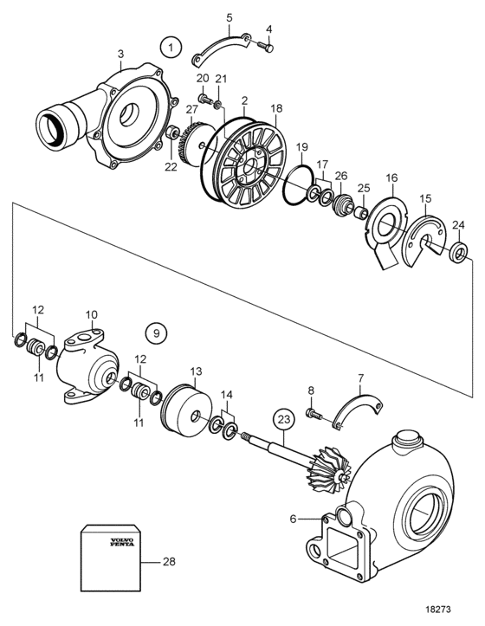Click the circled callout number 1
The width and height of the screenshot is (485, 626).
[171, 48]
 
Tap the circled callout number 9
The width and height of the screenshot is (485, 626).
[156, 332]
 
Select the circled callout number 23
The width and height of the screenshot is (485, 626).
[284, 420]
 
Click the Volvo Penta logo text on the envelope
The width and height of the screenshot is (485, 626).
[122, 542]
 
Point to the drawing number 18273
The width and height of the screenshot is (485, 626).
[438, 610]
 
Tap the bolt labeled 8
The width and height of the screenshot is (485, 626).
[314, 414]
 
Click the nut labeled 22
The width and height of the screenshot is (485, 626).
[172, 132]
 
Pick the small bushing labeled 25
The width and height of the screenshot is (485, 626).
[361, 212]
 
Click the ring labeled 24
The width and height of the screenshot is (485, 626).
[460, 252]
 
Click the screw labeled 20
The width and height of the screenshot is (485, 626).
[204, 98]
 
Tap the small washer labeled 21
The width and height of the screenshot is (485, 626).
[217, 105]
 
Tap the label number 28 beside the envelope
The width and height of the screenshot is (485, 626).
[169, 561]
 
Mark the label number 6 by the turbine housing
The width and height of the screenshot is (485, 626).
[294, 519]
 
